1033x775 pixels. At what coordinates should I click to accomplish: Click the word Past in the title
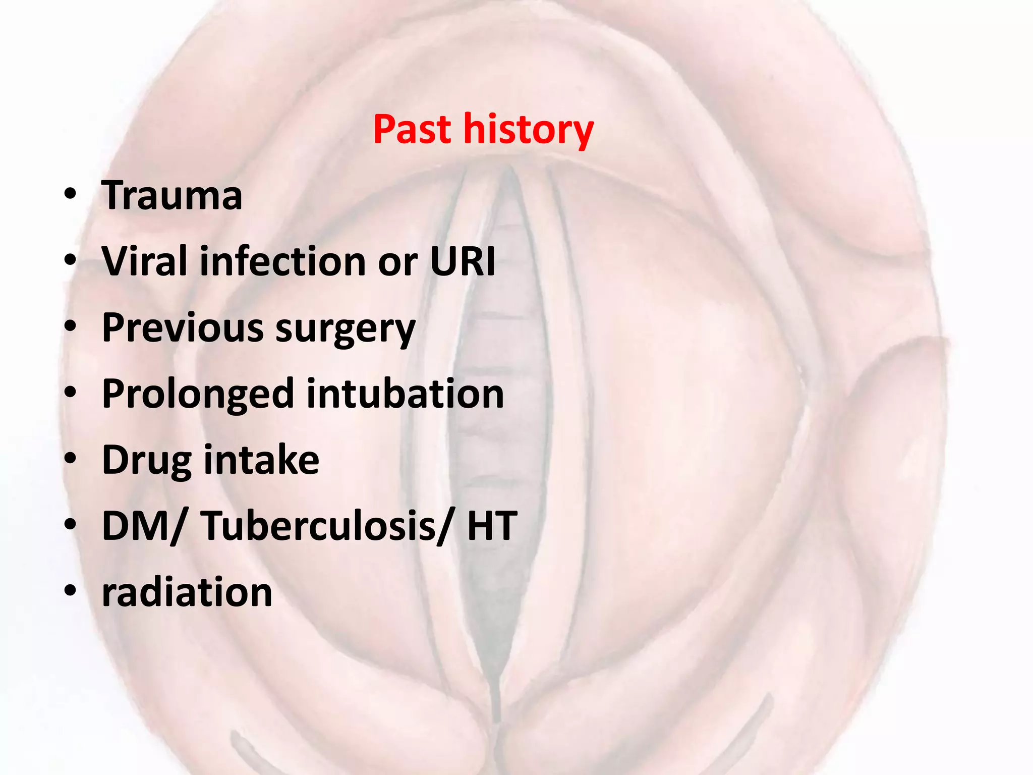(412, 130)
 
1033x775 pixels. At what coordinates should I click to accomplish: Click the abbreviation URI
(463, 261)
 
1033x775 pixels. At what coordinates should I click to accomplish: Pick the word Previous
(183, 327)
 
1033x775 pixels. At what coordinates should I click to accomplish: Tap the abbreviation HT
(492, 526)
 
